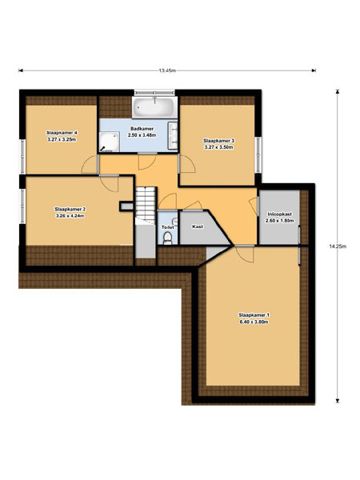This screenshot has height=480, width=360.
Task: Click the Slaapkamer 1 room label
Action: pos(254,314)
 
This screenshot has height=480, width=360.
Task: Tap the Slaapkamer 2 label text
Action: pos(70,209)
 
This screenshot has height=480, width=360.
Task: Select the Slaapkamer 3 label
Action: pos(218,141)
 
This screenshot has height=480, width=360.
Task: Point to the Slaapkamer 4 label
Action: pos(62,133)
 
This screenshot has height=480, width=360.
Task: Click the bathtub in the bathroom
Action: pos(154,107)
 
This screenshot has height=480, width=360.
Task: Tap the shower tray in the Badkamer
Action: pos(110,142)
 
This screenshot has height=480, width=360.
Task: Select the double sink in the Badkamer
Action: pos(173,135)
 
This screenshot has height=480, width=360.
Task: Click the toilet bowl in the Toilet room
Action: pos(167,238)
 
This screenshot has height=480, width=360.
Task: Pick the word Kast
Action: pos(198,227)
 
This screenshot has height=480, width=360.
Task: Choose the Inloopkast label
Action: pos(279,214)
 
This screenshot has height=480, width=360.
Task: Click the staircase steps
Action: pos(146,204)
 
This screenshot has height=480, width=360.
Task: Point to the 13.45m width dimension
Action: pos(167,70)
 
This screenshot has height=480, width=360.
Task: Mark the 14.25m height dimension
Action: pos(338,246)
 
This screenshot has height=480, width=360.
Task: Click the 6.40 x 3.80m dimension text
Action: pos(254,322)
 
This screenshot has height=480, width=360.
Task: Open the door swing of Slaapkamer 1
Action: pos(244,254)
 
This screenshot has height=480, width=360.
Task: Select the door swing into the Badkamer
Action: pos(147,162)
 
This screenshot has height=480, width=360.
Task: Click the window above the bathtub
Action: pos(154,92)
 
